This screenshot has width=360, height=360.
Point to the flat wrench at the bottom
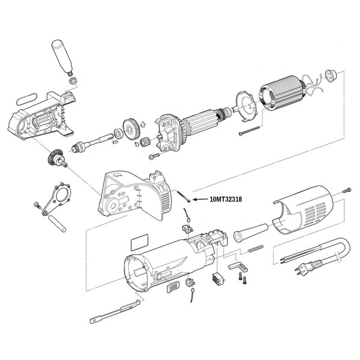click(x=117, y=311)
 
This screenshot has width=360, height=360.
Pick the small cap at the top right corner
click(x=329, y=74)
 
